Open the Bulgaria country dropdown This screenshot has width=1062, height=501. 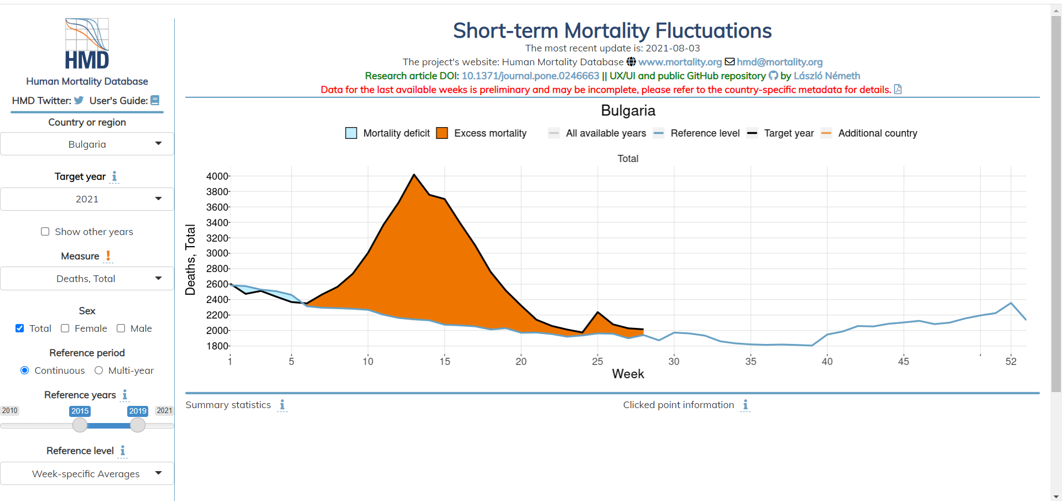87,144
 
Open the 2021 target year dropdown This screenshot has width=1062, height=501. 87,199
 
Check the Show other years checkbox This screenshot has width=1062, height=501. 45,232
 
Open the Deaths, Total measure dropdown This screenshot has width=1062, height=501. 87,279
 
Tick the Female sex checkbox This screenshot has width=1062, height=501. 65,328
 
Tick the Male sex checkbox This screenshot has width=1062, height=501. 121,328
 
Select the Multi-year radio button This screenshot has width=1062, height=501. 99,370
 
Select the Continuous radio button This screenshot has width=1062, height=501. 25,370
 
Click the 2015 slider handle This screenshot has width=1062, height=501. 80,425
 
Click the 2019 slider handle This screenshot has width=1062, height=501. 138,425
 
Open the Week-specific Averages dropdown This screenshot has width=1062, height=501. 87,474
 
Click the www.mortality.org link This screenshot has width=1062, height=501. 680,62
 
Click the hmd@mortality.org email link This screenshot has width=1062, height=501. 779,62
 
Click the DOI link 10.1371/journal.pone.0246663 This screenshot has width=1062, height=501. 530,76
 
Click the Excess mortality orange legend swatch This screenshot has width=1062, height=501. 442,133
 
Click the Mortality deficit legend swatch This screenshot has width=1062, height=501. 351,133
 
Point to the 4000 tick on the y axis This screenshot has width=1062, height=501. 217,176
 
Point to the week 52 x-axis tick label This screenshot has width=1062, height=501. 1011,362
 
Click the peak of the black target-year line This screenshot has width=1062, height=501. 414,175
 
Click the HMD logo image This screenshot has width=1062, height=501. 87,44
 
